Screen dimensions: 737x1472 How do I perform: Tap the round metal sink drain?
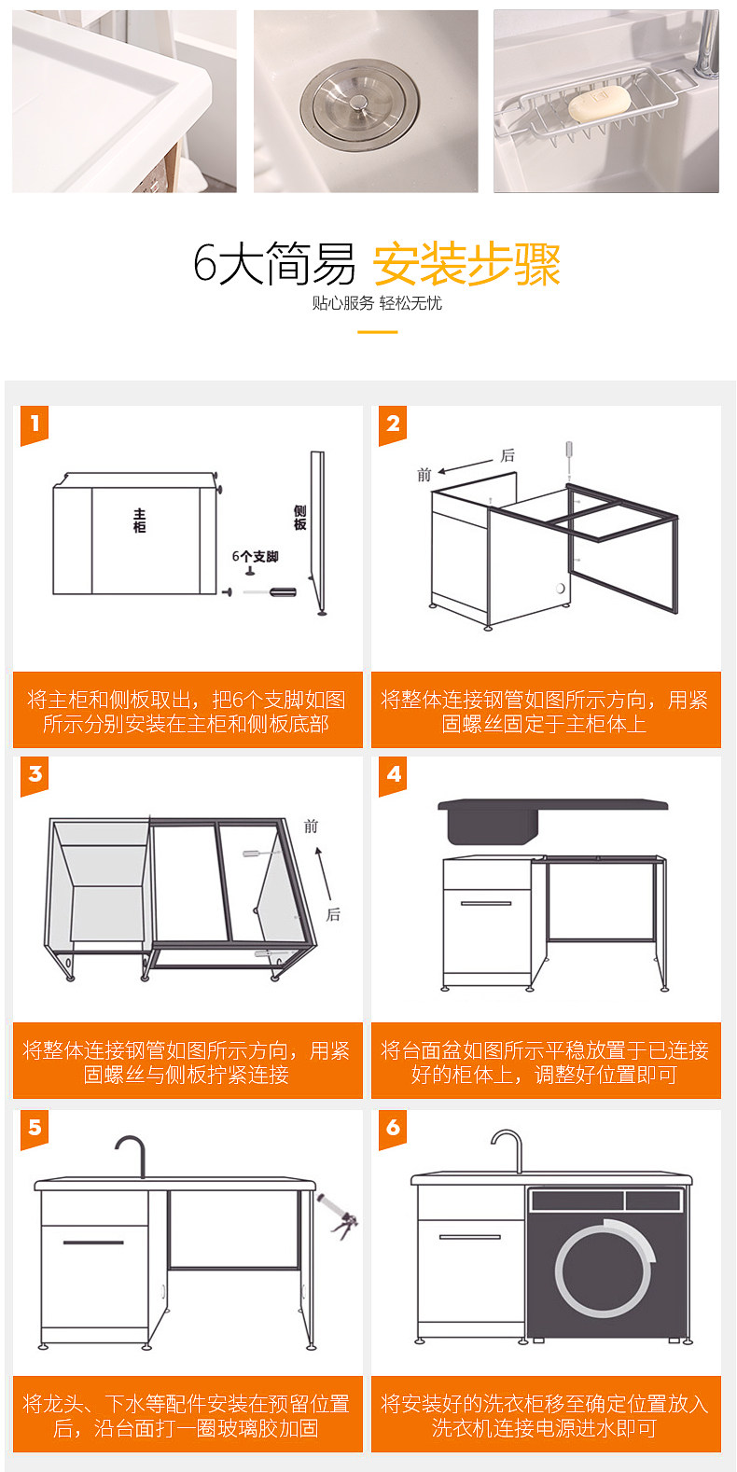point(361,103)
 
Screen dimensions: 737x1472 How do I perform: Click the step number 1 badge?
point(35,424)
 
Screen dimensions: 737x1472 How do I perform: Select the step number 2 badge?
point(393,424)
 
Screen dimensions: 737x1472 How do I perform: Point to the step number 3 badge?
point(35,774)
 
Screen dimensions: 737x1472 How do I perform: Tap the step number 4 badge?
point(393,774)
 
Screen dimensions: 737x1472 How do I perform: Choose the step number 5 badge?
point(35,1128)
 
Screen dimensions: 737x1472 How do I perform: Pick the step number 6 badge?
point(393,1128)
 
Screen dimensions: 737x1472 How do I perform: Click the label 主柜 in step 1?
point(140,521)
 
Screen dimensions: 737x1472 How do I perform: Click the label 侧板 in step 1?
point(299,518)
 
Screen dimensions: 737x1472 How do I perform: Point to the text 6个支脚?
point(255,557)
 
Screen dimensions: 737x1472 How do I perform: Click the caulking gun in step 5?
point(338,1215)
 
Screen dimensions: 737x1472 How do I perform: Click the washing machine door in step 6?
point(604,1269)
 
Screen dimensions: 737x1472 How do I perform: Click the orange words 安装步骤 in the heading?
point(466,264)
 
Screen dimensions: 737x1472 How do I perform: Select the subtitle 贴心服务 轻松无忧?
point(377,303)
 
